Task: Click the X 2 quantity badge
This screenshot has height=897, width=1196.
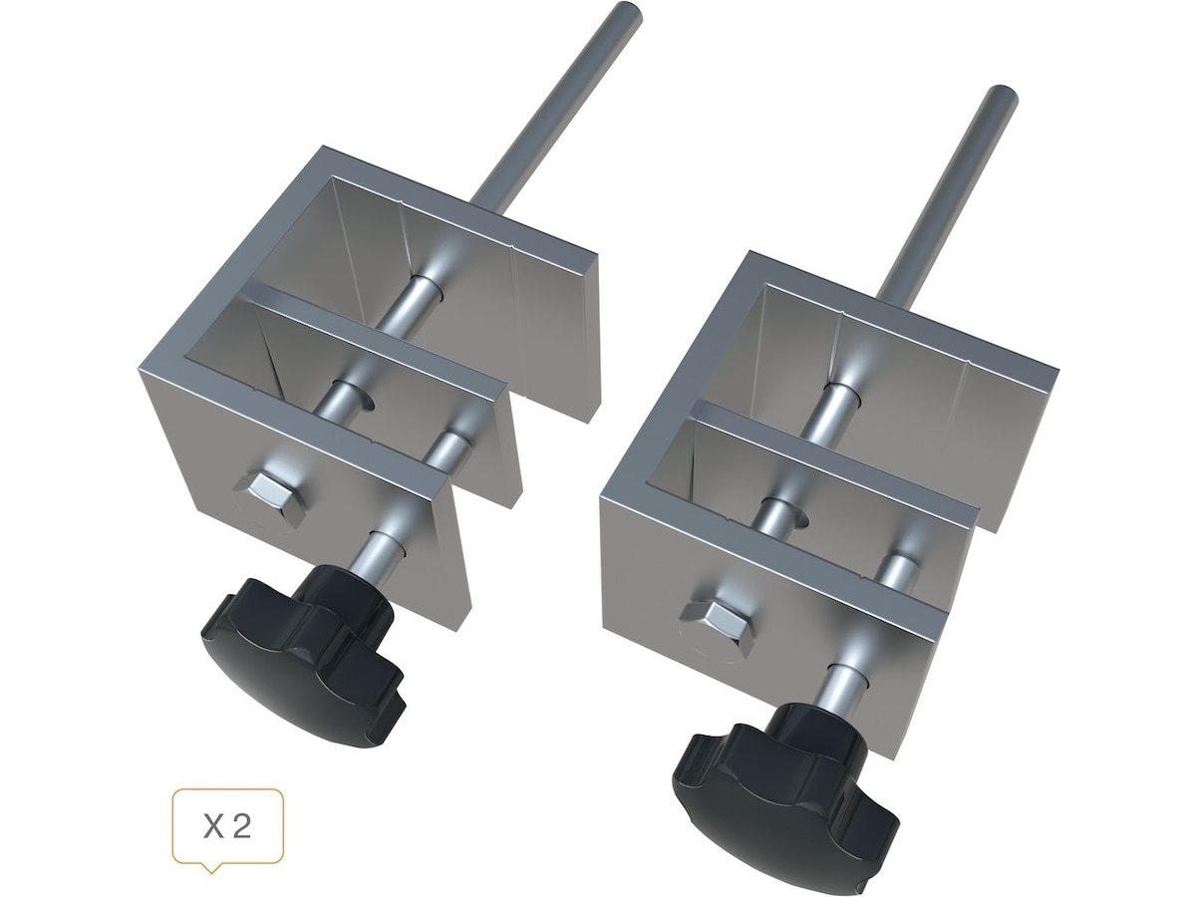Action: click(228, 827)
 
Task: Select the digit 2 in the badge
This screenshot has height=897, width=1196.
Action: click(241, 827)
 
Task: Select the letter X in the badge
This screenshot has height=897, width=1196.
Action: click(213, 827)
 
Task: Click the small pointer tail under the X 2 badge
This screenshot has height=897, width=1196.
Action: click(211, 869)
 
